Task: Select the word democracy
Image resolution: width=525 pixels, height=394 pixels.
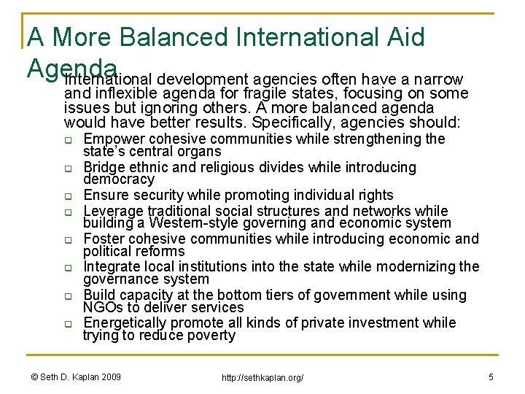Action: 119,179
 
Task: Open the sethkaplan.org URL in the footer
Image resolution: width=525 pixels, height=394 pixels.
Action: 263,377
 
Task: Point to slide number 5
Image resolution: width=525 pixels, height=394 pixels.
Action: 491,376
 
